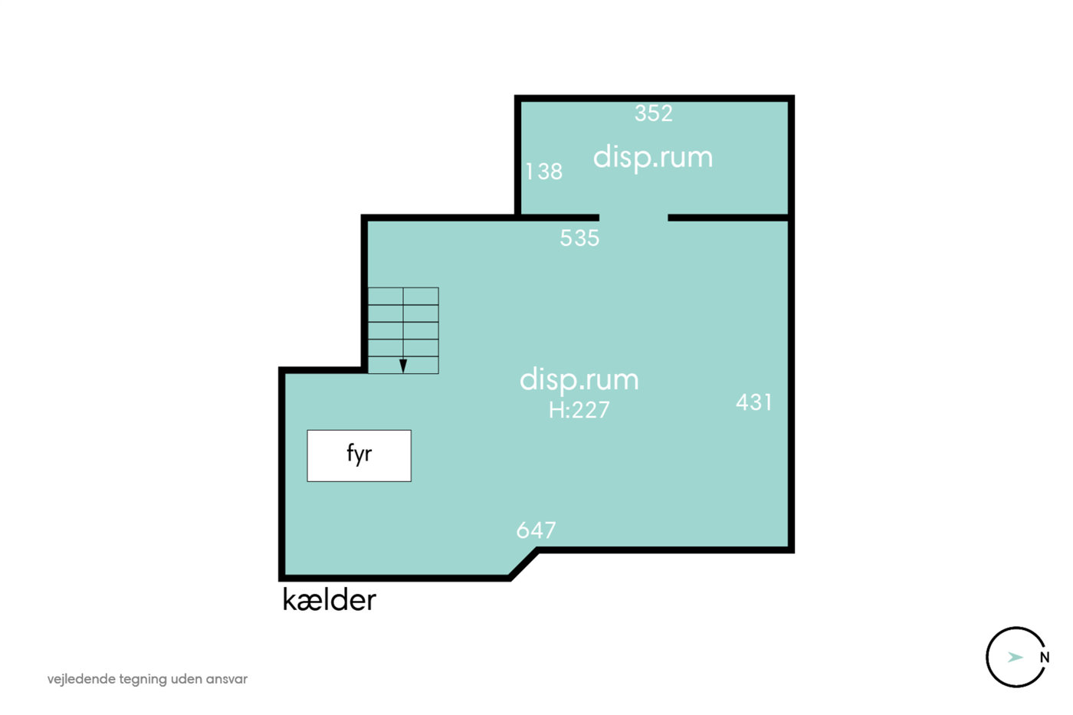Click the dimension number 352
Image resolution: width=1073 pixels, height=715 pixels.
click(653, 113)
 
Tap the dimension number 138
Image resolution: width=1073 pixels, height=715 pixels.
click(543, 172)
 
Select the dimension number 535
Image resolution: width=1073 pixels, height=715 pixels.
click(579, 238)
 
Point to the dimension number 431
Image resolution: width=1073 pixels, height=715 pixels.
click(754, 402)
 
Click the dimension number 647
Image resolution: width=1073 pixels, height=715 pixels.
click(536, 530)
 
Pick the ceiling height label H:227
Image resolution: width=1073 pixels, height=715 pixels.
click(579, 410)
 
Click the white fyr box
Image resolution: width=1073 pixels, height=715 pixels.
click(359, 455)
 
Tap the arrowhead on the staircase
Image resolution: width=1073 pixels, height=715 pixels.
click(403, 366)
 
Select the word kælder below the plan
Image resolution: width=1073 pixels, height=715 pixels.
click(329, 599)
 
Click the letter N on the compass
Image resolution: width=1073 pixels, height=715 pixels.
click(1045, 658)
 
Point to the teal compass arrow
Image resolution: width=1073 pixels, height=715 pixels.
click(1015, 657)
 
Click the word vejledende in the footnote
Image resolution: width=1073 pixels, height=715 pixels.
click(81, 680)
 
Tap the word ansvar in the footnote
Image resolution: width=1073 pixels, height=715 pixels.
click(227, 680)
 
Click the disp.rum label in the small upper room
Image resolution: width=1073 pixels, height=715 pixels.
click(653, 157)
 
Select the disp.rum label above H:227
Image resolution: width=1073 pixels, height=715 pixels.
click(579, 380)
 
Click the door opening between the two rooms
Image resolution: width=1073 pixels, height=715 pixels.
click(634, 218)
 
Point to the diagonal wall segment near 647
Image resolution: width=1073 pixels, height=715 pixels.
click(523, 565)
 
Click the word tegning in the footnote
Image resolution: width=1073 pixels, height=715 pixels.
click(143, 680)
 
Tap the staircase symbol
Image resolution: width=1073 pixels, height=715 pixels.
click(403, 330)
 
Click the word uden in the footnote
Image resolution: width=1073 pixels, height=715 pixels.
click(186, 679)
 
